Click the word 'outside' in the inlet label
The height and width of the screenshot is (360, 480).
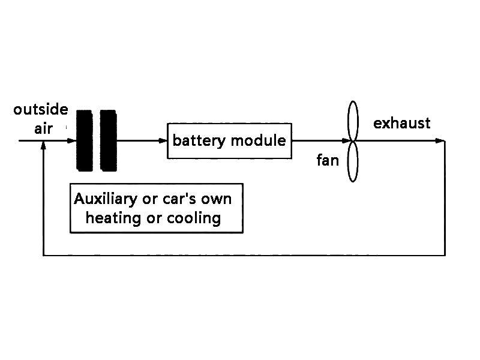coord(41,110)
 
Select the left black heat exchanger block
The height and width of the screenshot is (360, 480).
coord(85,140)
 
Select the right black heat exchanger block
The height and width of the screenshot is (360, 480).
coord(108,140)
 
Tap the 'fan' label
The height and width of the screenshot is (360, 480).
coord(328,160)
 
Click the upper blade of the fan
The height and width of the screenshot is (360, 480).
coord(353,120)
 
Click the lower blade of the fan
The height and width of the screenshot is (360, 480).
coord(353,161)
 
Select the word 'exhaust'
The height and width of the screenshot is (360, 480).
coord(401,124)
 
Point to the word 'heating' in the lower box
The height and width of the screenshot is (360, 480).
coord(114,217)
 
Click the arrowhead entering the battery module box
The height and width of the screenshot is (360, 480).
coord(163,141)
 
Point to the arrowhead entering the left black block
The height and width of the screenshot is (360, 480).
coord(71,141)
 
